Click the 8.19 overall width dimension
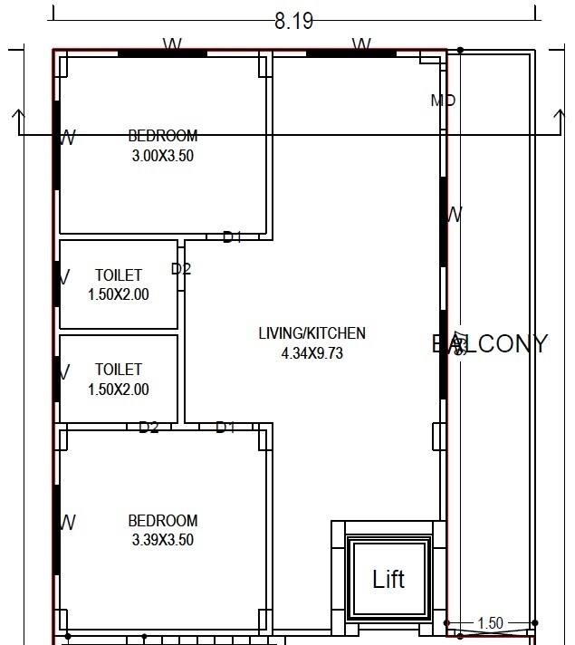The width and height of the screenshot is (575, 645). tap(292, 21)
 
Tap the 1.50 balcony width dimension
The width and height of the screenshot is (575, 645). tap(489, 623)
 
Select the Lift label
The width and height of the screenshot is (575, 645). tap(388, 579)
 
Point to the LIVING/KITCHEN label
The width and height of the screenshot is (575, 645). tap(311, 333)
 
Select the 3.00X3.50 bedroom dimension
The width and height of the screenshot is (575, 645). tap(162, 155)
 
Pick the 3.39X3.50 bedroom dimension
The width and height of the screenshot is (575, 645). tap(162, 540)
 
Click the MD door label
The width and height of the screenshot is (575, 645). tap(443, 101)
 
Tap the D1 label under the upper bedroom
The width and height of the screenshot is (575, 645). tap(233, 237)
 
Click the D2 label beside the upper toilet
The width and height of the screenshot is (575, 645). tap(181, 269)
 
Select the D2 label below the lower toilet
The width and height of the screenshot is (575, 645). tap(149, 428)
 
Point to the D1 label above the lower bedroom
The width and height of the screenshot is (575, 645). tap(225, 428)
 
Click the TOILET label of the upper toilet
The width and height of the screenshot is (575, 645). tap(118, 275)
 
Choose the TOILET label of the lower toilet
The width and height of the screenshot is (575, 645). tap(118, 370)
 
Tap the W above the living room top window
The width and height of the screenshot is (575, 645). tap(361, 44)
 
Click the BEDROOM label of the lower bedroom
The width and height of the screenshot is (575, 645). tap(162, 521)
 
